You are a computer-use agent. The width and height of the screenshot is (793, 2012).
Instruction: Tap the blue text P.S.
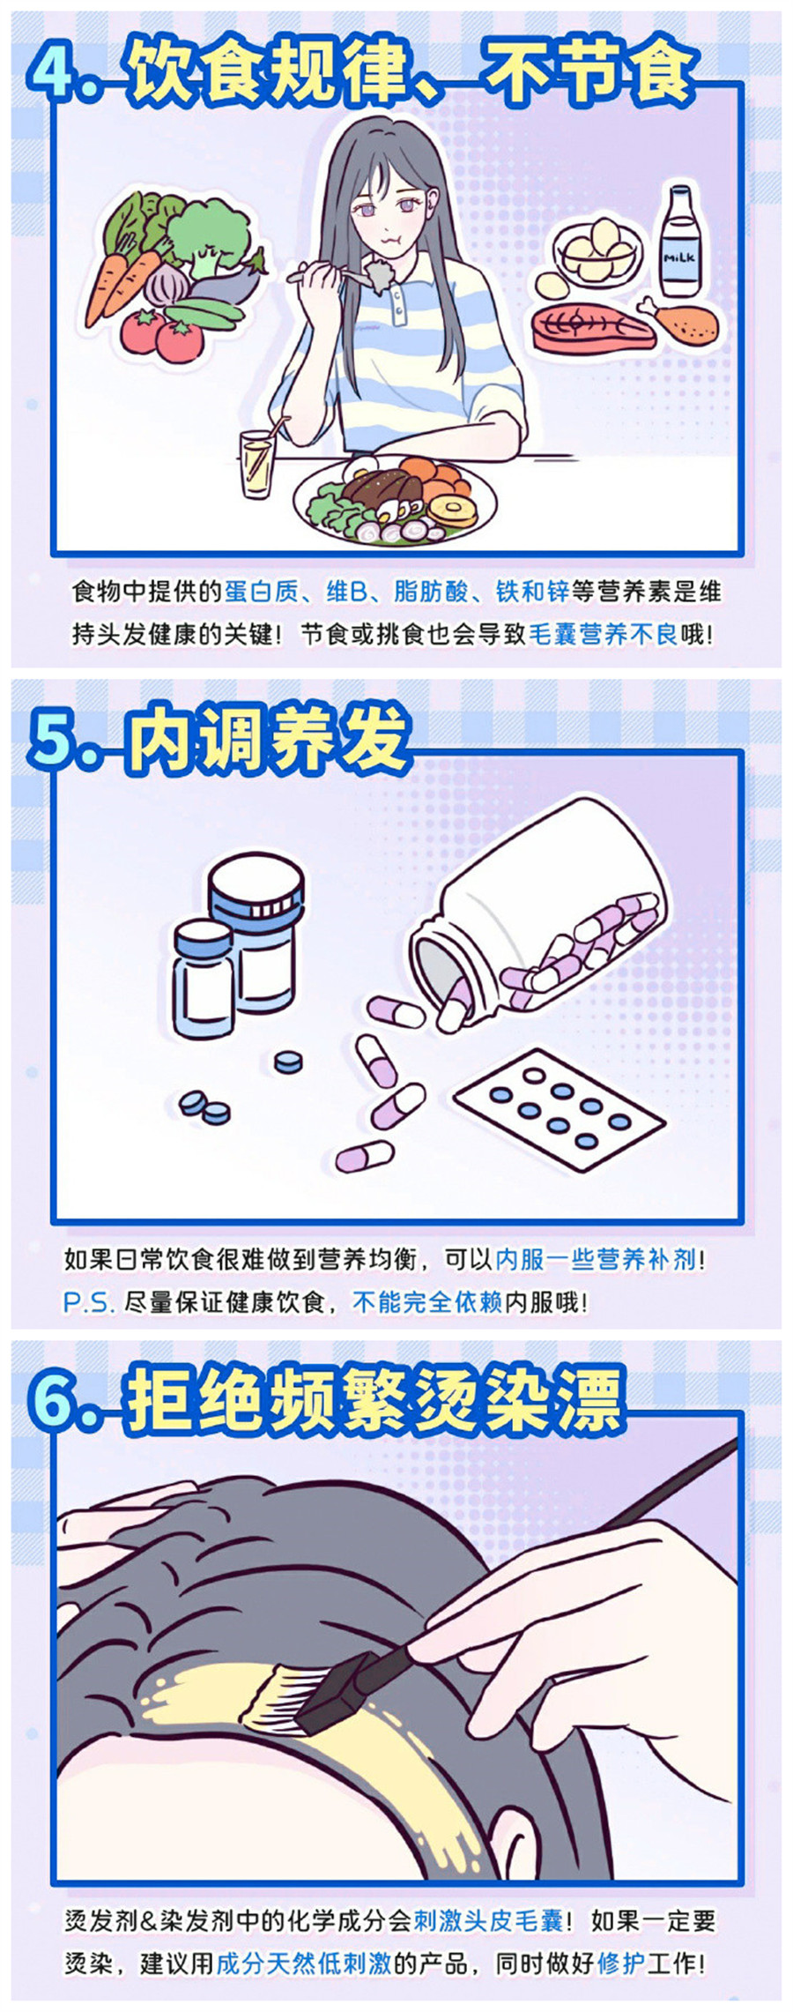click(89, 1302)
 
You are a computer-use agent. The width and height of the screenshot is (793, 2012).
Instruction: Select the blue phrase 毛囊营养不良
click(603, 634)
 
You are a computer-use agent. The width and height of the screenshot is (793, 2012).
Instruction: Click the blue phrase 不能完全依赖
click(427, 1302)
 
